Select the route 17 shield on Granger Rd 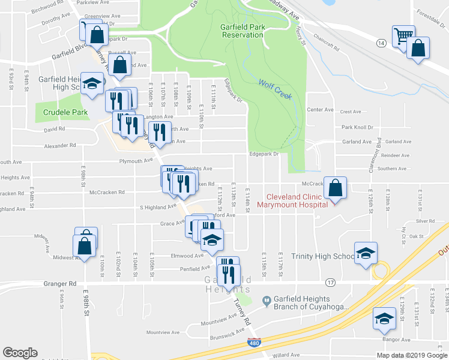coord(330,282)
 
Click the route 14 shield coord(381,43)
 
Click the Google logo coord(20,353)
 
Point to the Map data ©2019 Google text coord(411,355)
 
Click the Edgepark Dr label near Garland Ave coord(265,154)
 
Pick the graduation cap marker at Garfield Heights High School coord(92,84)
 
